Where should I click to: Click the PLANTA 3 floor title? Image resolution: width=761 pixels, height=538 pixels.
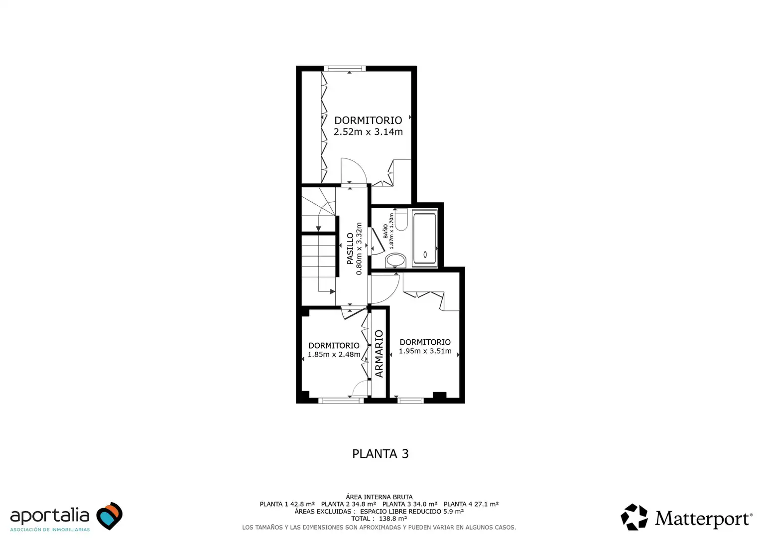point(380,454)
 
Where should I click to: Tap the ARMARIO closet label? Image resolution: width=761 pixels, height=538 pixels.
point(379,354)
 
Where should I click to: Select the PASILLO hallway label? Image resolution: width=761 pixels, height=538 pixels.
point(350,249)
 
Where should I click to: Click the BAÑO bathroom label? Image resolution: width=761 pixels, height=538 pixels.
point(385,231)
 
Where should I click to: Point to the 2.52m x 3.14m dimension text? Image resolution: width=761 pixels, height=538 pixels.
point(368,132)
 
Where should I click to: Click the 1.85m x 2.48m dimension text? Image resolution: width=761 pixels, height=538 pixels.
point(334,355)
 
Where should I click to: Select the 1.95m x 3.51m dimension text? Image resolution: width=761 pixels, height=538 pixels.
point(425,351)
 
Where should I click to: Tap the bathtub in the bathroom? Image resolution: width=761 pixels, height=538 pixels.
point(425,238)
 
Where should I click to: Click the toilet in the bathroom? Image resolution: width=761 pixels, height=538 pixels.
point(401,220)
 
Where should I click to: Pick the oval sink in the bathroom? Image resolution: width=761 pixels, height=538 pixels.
point(396,261)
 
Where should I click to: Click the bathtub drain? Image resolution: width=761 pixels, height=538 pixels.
point(425,255)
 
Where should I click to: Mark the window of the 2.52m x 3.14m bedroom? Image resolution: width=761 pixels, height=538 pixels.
point(345,69)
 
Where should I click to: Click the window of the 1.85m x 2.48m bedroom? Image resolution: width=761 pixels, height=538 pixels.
point(341,401)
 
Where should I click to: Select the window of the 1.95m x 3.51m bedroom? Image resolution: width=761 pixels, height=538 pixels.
point(410,401)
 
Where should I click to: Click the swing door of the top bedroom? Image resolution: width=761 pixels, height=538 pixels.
point(354,171)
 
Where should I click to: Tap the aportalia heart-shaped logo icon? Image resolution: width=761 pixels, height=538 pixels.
point(110,516)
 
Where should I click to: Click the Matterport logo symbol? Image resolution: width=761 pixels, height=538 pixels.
point(634,517)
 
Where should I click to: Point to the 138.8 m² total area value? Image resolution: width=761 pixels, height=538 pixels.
point(393,519)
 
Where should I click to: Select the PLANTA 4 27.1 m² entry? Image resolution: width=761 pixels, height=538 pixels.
point(471,504)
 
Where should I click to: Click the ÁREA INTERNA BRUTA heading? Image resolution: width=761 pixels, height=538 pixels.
point(379,497)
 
